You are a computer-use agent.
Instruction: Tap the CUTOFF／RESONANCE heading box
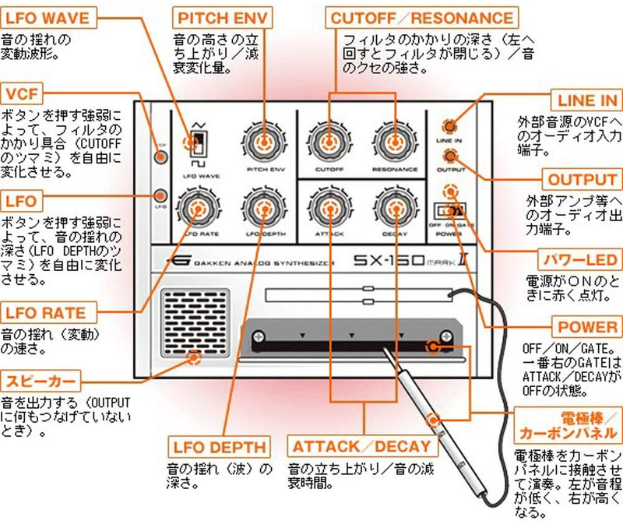(422, 16)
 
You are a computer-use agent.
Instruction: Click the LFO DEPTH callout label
(220, 447)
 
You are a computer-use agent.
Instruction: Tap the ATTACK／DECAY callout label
(361, 447)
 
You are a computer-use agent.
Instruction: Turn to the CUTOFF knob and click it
(329, 142)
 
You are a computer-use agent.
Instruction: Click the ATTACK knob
(329, 208)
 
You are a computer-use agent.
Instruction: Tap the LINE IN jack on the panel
(449, 126)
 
